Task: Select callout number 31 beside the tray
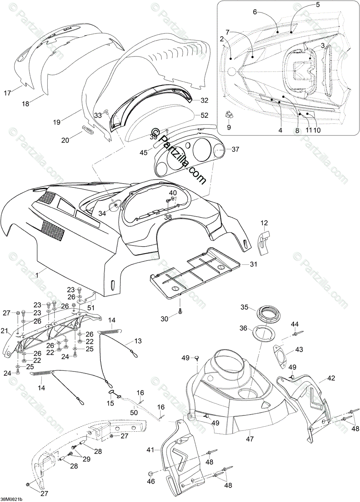coord(254,264)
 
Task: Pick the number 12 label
coord(264,222)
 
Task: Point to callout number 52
coord(204,115)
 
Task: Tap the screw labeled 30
coord(180,312)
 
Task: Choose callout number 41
coord(151,450)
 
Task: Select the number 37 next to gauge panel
coord(236,149)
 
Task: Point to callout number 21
coord(5,332)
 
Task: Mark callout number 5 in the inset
coord(317,5)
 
